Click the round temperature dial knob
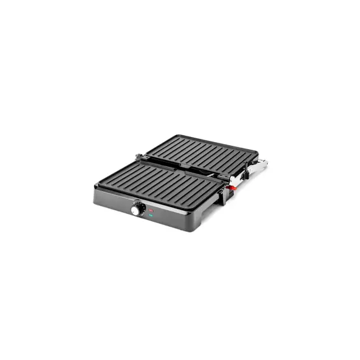[x=136, y=209]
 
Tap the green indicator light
[x=151, y=216]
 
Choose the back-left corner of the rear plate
[x=175, y=135]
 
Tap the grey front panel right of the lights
[x=172, y=220]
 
